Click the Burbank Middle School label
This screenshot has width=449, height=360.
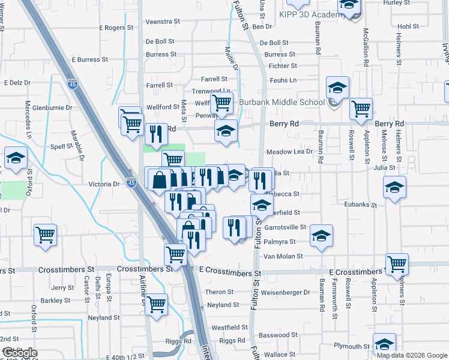tap(282, 102)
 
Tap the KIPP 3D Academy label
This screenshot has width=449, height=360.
tap(300, 14)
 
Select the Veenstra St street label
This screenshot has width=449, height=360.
tap(163, 21)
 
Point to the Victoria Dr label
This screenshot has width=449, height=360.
tap(105, 184)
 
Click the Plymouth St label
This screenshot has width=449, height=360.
tap(352, 346)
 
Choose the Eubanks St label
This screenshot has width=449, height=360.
tap(360, 205)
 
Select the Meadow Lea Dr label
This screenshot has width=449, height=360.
tap(290, 152)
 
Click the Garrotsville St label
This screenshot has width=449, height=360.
tap(286, 227)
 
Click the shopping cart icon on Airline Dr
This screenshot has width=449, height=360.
tap(156, 304)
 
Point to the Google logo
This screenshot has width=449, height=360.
tap(19, 353)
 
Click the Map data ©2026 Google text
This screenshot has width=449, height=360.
tap(412, 355)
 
